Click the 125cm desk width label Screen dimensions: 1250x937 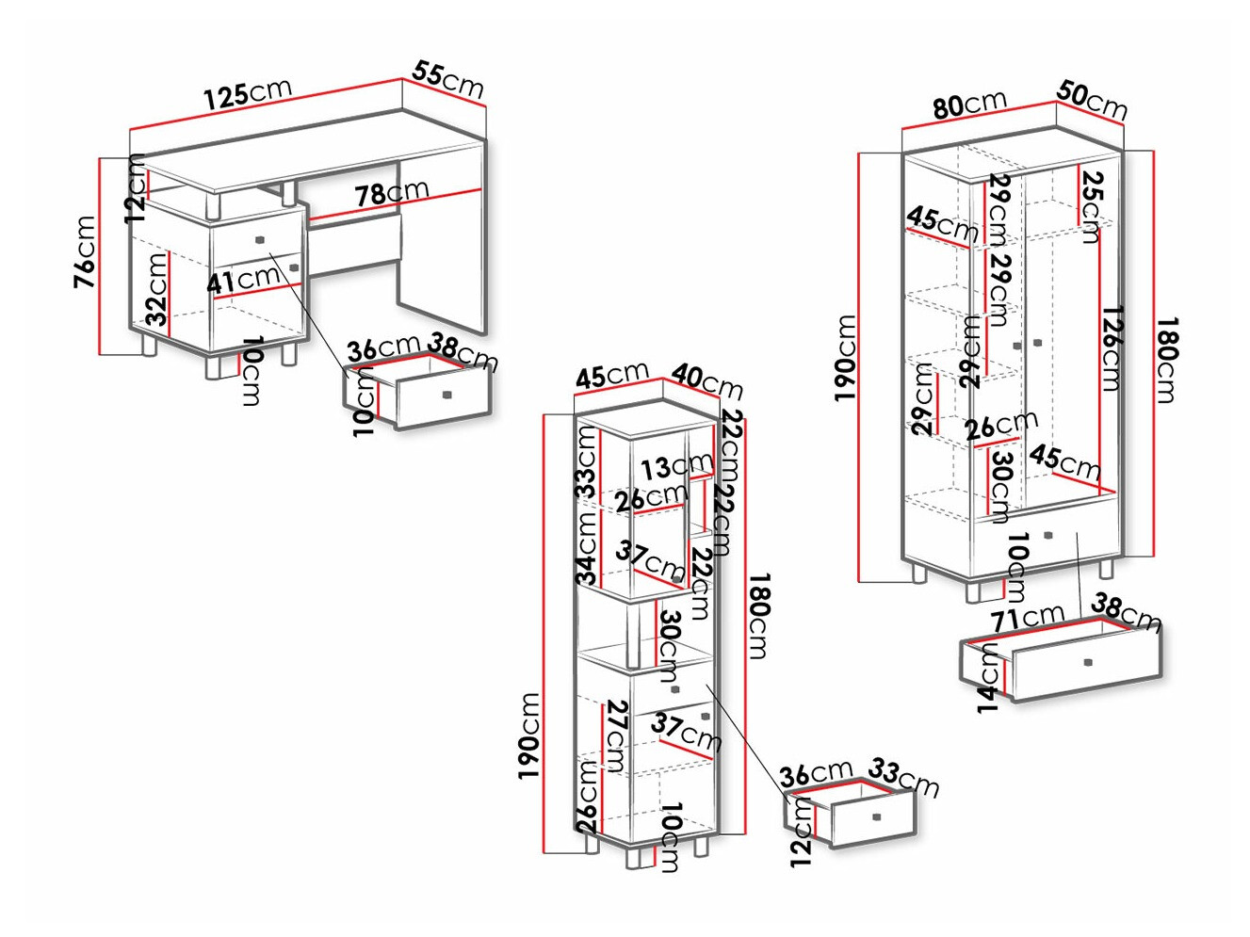click(x=249, y=93)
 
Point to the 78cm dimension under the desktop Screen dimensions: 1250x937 click(x=392, y=193)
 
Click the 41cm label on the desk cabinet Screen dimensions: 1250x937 click(x=243, y=280)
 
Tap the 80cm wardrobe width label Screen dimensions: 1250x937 click(x=969, y=105)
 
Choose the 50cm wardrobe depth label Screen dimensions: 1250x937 click(x=1092, y=100)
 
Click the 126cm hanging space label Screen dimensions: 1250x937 click(x=1111, y=348)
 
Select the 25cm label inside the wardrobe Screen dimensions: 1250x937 click(x=1088, y=206)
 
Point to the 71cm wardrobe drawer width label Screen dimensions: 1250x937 click(x=1026, y=617)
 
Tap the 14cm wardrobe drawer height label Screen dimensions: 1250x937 click(x=989, y=677)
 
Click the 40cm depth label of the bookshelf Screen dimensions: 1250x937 click(x=707, y=382)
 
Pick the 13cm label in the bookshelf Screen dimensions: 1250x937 click(x=676, y=466)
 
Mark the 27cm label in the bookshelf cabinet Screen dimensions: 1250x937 click(x=616, y=736)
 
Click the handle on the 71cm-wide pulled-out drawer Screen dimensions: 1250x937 click(x=1088, y=662)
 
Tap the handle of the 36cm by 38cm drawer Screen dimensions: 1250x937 click(x=446, y=395)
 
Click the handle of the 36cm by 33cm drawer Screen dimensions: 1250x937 click(x=876, y=817)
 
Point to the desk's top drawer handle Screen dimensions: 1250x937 click(x=261, y=239)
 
